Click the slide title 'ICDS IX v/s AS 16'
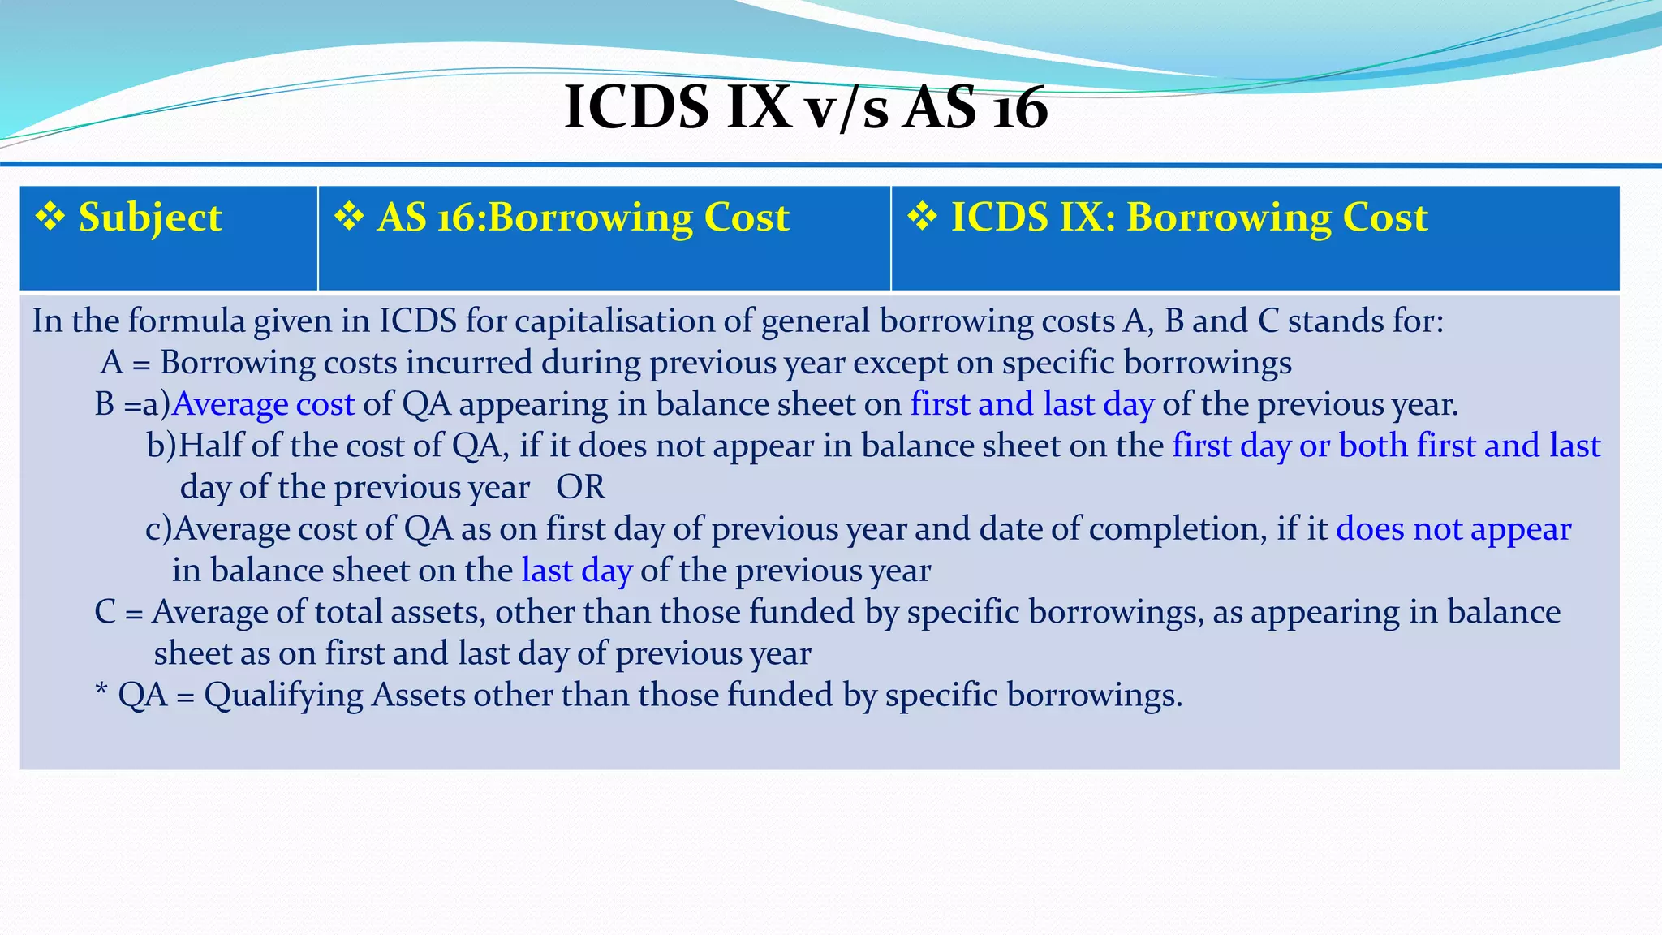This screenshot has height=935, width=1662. click(805, 107)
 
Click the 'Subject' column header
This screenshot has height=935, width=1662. click(149, 218)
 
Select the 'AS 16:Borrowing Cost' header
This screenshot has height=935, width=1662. click(583, 218)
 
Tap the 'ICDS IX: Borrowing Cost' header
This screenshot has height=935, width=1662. click(1189, 218)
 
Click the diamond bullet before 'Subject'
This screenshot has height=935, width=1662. click(50, 217)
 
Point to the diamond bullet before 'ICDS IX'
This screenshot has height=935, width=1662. click(923, 217)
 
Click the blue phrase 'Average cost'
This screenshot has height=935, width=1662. click(264, 404)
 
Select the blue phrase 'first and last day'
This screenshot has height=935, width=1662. click(1031, 404)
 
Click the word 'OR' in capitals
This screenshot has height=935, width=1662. click(580, 487)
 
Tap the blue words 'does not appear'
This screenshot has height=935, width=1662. click(1453, 529)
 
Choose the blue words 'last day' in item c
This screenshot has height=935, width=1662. click(576, 571)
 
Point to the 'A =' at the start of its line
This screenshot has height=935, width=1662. click(125, 363)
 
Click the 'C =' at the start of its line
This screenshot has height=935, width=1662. click(118, 612)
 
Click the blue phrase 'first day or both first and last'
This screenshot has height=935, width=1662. click(1386, 446)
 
